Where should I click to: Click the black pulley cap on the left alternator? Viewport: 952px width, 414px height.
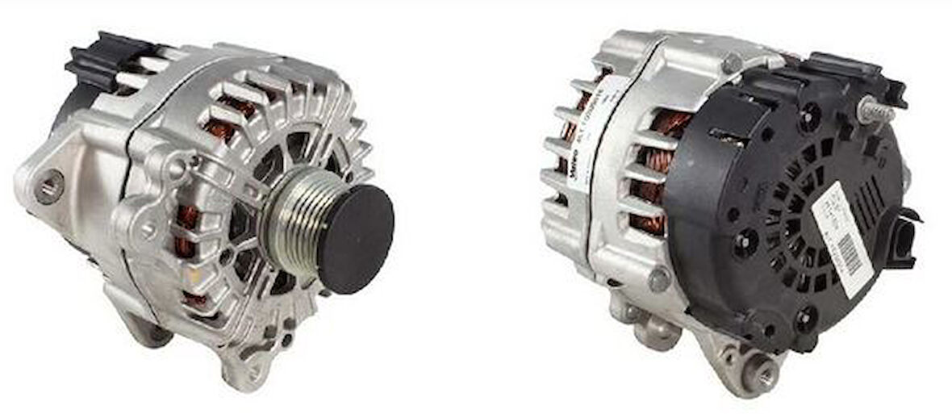[356, 228]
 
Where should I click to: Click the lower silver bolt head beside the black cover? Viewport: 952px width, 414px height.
[659, 279]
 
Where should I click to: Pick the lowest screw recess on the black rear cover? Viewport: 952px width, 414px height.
[807, 319]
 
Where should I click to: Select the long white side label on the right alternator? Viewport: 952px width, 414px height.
[592, 141]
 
